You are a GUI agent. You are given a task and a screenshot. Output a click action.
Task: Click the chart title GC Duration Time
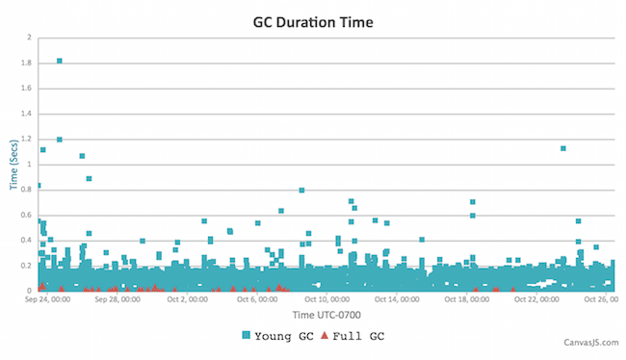pos(313,20)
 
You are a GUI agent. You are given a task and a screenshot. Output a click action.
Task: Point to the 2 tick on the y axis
pos(29,38)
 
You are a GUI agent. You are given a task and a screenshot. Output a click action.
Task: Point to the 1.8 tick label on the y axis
pos(26,64)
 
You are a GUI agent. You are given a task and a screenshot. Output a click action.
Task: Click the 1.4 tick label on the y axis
pos(26,114)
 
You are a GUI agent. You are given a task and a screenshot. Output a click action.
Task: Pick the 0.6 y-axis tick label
pos(26,216)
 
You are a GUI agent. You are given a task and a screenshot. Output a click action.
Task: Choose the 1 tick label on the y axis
pos(29,165)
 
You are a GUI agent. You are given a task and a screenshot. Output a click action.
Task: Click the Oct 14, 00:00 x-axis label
pos(398,299)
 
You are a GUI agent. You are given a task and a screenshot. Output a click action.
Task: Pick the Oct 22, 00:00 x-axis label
pos(536,299)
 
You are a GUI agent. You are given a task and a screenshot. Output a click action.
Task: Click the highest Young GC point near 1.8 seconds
pos(60,61)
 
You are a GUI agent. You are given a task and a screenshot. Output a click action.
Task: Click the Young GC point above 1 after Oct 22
pos(562,148)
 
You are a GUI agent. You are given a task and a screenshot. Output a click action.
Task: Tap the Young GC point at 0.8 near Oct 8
pos(301,191)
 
